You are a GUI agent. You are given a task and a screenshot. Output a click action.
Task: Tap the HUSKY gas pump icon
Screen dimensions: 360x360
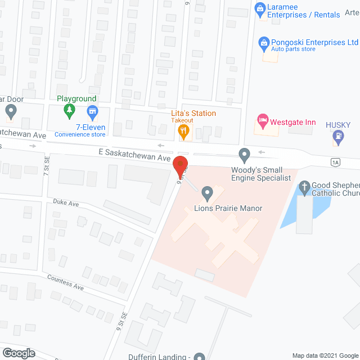tap(337, 136)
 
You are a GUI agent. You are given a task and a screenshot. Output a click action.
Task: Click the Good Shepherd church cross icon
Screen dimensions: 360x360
tap(305, 187)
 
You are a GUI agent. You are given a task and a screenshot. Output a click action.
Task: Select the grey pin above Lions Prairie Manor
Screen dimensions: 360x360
tap(207, 193)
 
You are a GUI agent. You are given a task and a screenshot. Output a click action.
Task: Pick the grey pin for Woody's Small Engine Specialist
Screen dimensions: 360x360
tap(244, 154)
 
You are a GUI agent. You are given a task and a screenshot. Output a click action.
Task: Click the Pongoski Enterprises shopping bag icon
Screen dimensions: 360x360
tap(263, 43)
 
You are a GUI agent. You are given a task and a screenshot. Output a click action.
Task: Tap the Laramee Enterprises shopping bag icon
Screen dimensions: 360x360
tap(260, 8)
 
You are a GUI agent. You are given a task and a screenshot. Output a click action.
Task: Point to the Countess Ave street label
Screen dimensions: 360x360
tap(65, 282)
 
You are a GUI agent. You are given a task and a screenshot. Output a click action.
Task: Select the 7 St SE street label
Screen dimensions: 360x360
tap(47, 165)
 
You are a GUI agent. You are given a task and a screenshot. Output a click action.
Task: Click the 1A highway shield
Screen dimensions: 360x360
tap(336, 163)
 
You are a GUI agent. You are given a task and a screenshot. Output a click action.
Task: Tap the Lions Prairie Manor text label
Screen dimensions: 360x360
tap(228, 209)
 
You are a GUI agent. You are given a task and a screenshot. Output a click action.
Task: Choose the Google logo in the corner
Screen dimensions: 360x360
tap(19, 353)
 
